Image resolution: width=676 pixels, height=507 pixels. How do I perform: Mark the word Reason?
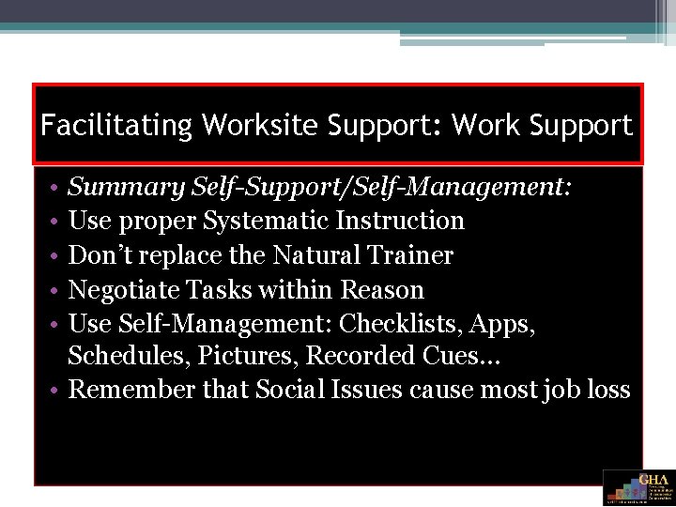click(x=383, y=289)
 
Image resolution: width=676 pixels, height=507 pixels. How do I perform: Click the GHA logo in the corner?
click(x=638, y=487)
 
